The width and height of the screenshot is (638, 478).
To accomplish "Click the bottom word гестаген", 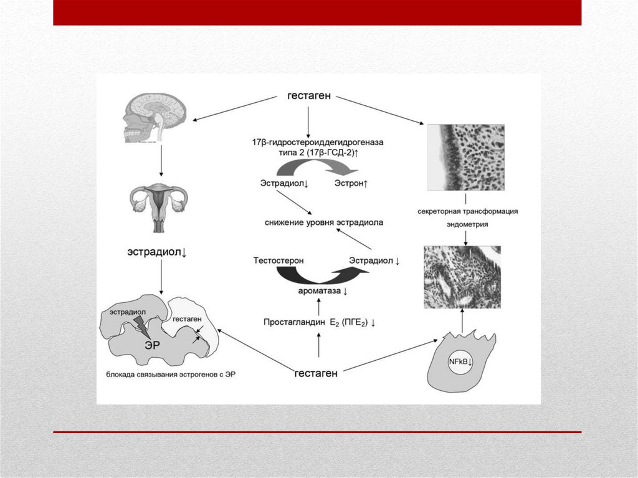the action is (x=316, y=373).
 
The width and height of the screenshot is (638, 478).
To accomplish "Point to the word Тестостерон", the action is (x=277, y=260).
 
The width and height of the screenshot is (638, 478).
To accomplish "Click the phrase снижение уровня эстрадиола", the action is (x=323, y=222).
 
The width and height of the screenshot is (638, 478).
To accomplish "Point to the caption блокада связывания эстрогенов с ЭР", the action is (x=170, y=375).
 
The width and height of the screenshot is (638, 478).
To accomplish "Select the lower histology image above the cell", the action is (x=462, y=277).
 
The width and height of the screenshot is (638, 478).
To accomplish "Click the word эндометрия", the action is (x=467, y=224).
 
